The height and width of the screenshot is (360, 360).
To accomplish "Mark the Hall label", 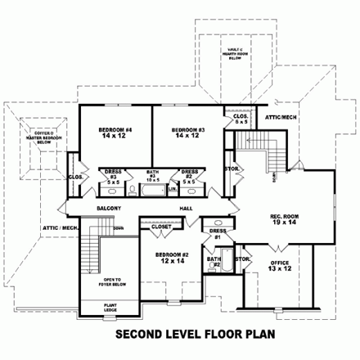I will coord(186,208).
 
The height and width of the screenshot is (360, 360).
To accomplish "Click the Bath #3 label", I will coord(151,174).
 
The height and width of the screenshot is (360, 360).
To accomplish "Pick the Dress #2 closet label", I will coord(189,173).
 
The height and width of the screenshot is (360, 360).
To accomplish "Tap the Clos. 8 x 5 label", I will coord(241,118).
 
